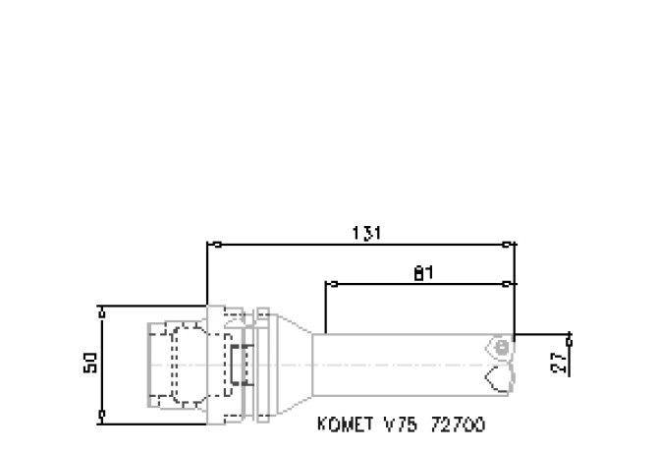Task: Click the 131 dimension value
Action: pyautogui.click(x=366, y=233)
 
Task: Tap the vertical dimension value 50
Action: pyautogui.click(x=89, y=364)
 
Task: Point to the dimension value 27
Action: pyautogui.click(x=559, y=365)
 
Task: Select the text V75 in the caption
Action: pyautogui.click(x=399, y=425)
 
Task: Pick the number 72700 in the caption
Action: pyautogui.click(x=456, y=425)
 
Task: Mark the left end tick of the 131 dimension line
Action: pyautogui.click(x=207, y=245)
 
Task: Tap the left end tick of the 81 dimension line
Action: pyautogui.click(x=326, y=285)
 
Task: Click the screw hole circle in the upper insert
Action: pyautogui.click(x=501, y=347)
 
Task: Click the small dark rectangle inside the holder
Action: pyautogui.click(x=237, y=365)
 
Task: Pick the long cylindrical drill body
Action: pyautogui.click(x=403, y=365)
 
